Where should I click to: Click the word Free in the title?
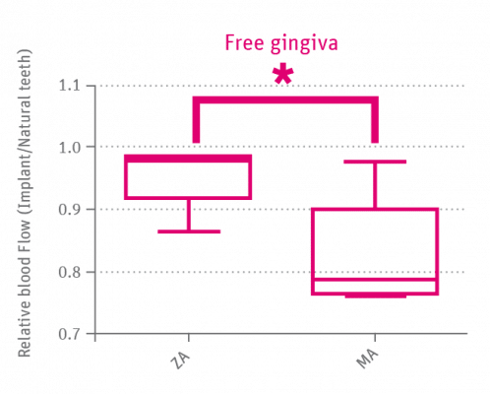[243, 44]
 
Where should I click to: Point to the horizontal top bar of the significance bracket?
[285, 99]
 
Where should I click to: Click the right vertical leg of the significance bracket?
[375, 121]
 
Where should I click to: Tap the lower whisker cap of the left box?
[190, 231]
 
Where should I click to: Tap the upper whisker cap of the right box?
[375, 160]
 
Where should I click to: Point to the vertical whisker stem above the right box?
[375, 184]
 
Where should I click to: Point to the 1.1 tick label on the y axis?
[71, 87]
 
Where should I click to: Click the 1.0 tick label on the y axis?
[71, 148]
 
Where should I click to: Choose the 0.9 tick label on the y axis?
[71, 210]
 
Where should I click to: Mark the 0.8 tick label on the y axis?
[71, 272]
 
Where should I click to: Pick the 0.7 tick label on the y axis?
[71, 333]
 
